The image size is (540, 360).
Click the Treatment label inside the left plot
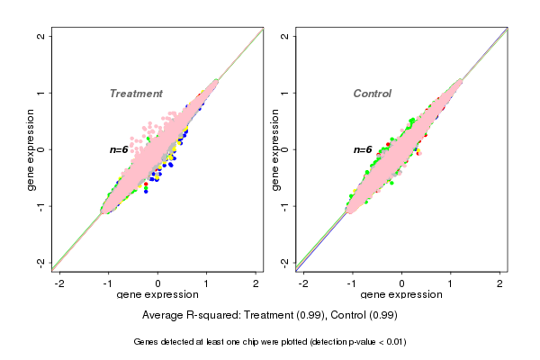pyautogui.click(x=136, y=94)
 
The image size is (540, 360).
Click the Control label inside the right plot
pyautogui.click(x=372, y=94)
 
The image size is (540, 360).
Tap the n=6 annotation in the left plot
pyautogui.click(x=120, y=149)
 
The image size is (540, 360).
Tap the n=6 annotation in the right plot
pyautogui.click(x=363, y=149)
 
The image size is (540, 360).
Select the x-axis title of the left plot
pyautogui.click(x=157, y=295)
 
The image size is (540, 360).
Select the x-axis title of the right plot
pyautogui.click(x=400, y=295)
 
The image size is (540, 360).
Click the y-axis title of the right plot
pyautogui.click(x=275, y=149)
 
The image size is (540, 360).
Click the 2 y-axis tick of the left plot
pyautogui.click(x=42, y=36)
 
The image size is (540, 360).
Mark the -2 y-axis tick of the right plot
pyautogui.click(x=285, y=262)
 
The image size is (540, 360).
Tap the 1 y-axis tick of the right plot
pyautogui.click(x=285, y=93)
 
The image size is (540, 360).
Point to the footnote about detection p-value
pyautogui.click(x=270, y=342)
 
